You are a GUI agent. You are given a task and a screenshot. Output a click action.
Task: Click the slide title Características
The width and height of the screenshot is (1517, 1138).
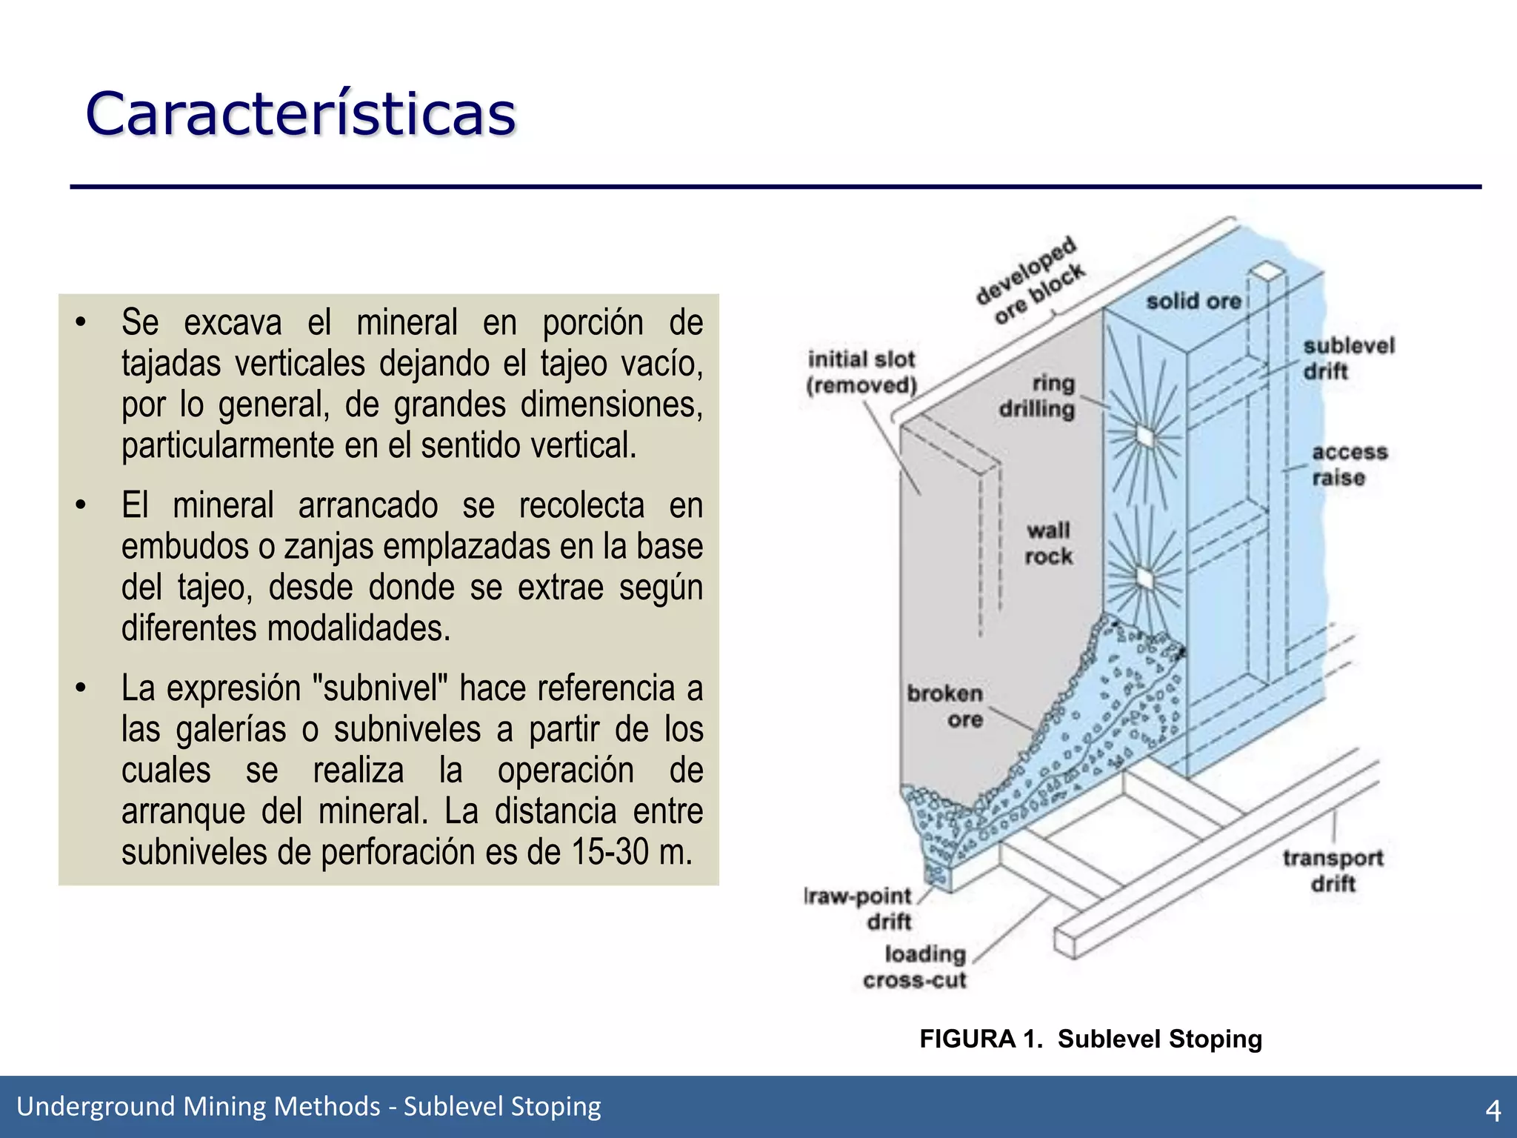point(300,115)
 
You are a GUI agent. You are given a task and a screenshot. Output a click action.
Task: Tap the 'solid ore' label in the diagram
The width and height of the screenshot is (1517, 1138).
point(1193,302)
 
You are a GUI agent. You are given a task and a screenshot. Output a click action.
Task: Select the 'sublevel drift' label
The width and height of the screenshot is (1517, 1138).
point(1348,359)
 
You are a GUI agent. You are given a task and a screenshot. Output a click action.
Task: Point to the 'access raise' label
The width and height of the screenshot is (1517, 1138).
point(1349,465)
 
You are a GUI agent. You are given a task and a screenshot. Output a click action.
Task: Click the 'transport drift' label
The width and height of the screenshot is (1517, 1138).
point(1333,871)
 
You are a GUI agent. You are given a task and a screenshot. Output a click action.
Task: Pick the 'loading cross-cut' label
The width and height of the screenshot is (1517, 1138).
point(916,967)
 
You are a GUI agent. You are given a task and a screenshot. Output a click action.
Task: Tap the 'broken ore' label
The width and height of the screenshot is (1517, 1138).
point(945,706)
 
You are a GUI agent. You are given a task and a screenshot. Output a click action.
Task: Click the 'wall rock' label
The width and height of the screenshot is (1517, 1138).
point(1048,543)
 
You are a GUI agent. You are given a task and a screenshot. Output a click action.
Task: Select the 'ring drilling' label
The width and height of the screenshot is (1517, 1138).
point(1037,396)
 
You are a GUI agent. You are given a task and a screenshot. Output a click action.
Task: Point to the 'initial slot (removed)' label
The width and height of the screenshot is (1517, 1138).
point(861,372)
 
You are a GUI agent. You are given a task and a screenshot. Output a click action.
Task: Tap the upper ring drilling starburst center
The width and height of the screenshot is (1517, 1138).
point(1145,437)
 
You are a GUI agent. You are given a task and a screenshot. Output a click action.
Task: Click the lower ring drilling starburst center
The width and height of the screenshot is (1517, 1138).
point(1145,577)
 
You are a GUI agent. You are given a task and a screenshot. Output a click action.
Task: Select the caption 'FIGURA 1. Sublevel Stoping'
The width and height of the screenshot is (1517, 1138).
point(1090,1039)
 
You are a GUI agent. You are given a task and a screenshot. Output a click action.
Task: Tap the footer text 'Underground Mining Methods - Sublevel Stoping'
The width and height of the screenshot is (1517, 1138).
point(309,1106)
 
